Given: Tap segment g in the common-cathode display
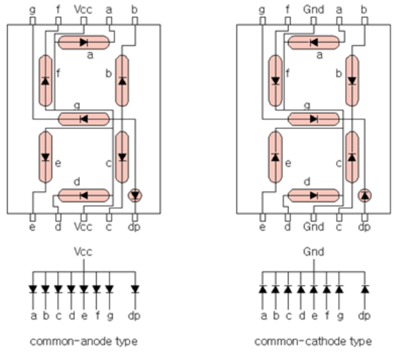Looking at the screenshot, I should click(313, 119).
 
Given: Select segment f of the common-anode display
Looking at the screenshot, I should click(45, 81).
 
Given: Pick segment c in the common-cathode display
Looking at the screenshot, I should click(351, 156).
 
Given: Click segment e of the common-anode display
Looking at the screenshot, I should click(45, 156).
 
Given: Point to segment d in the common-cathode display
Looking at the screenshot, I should click(313, 194).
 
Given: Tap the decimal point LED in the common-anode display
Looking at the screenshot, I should click(135, 194).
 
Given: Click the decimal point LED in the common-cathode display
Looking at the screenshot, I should click(365, 194).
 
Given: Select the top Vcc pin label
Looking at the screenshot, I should click(84, 10).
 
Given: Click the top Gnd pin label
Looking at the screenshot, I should click(313, 10).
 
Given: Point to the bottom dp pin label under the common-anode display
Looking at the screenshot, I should click(135, 227).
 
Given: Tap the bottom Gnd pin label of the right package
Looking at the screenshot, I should click(313, 227).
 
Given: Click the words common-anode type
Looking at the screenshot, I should click(84, 341).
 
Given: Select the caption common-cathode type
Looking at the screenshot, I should click(313, 341).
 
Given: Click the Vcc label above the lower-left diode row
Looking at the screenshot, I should click(84, 252).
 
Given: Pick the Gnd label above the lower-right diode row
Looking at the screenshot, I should click(313, 252).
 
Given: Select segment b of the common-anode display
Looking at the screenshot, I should click(122, 81).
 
